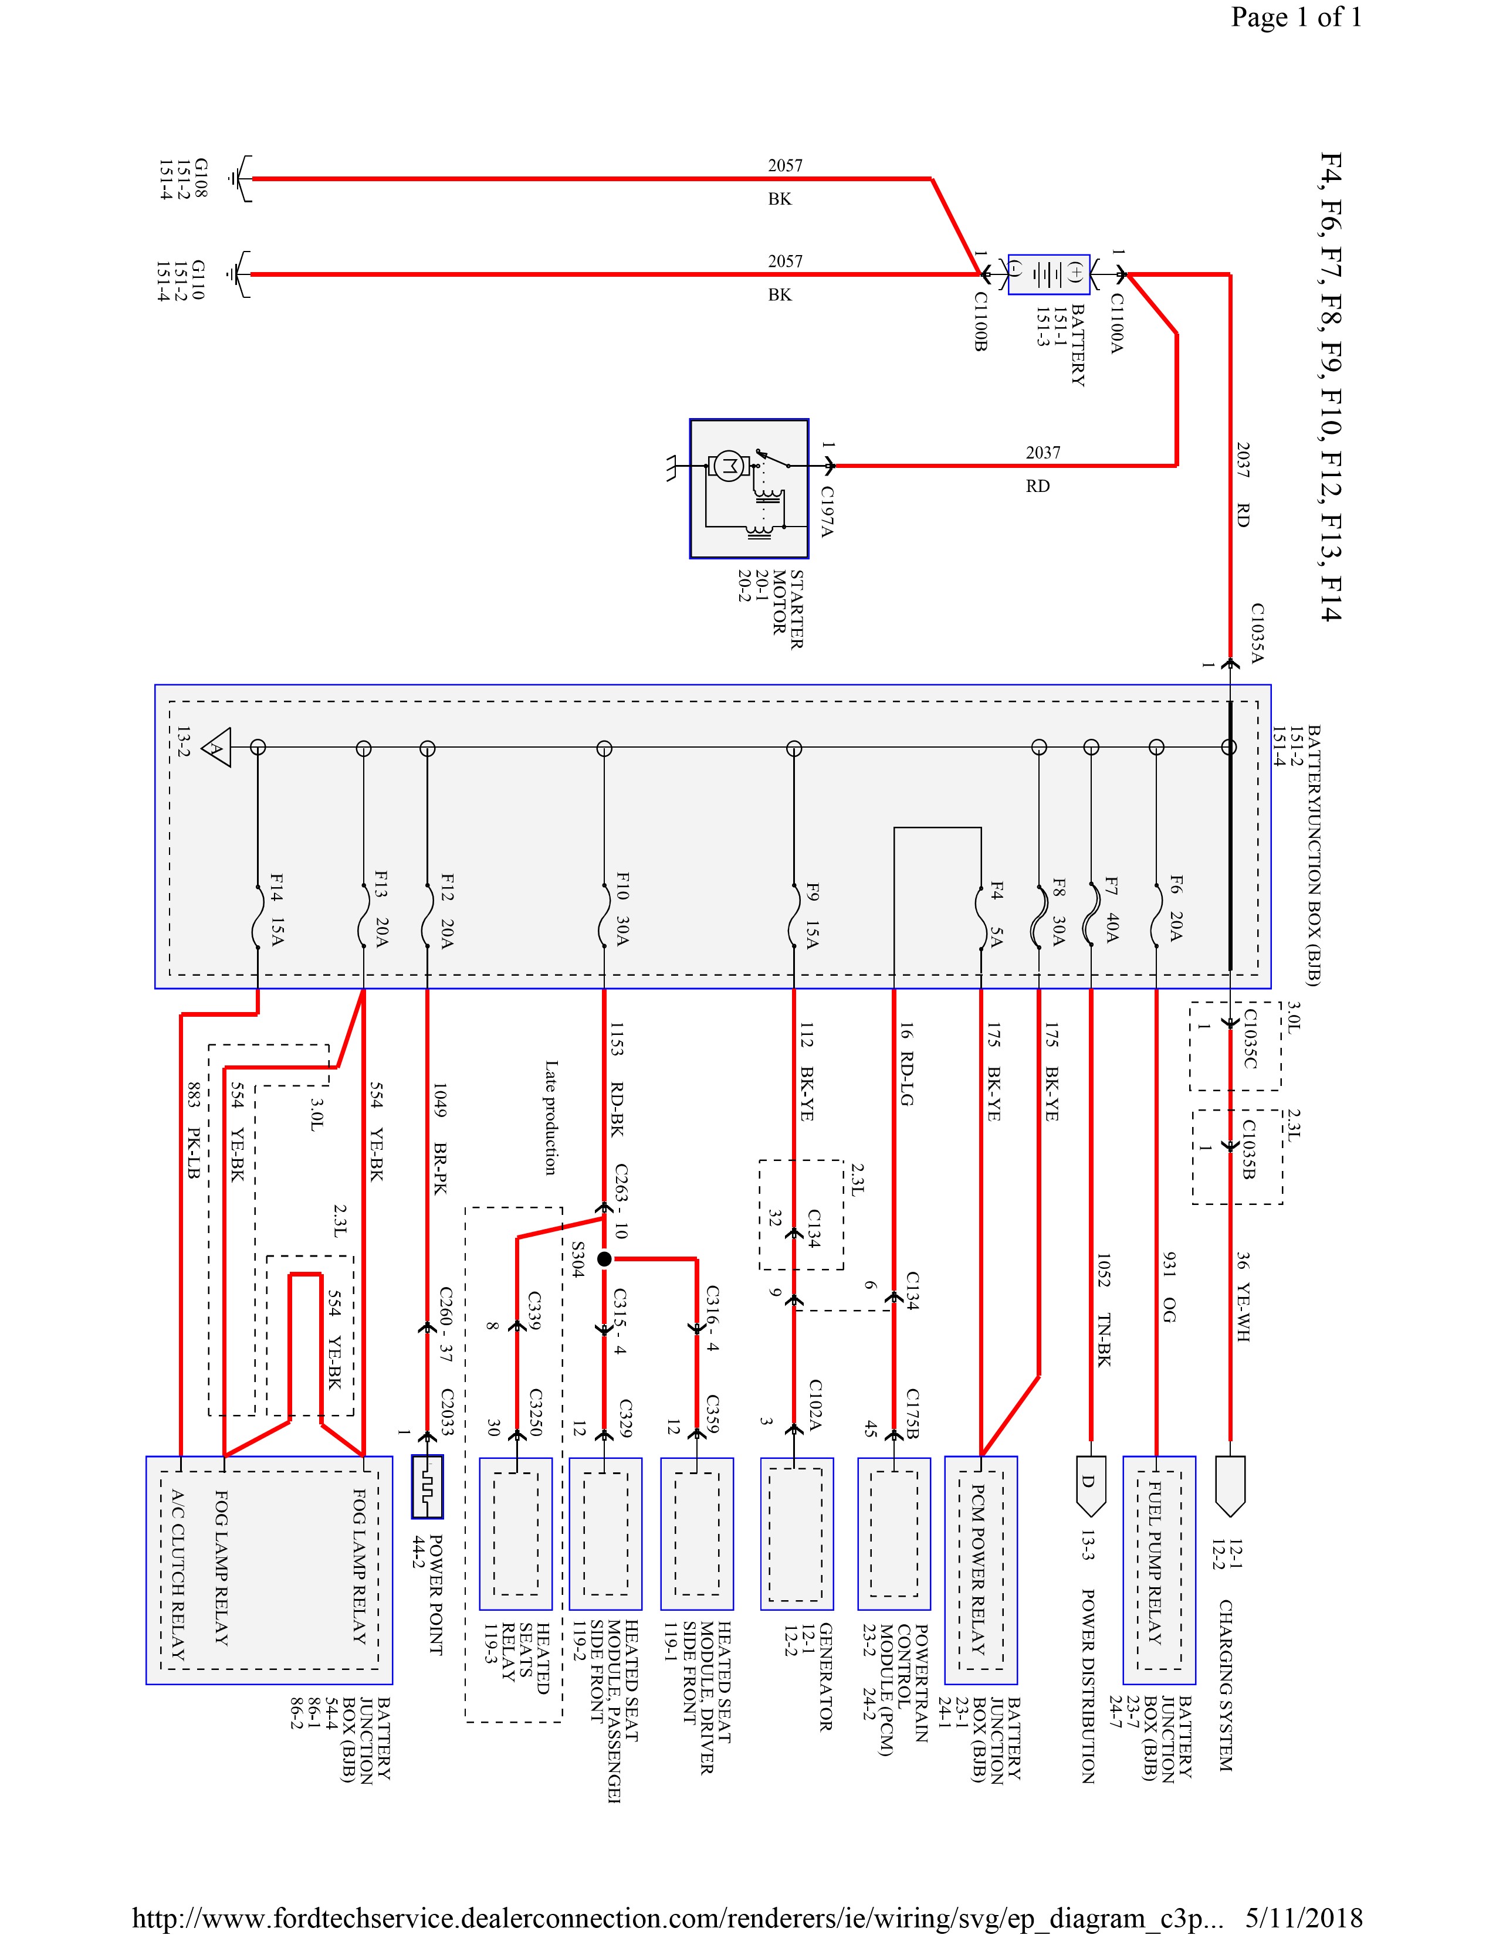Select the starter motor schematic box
tap(749, 488)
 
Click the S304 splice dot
tap(604, 1258)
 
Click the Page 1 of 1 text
tap(1296, 17)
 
